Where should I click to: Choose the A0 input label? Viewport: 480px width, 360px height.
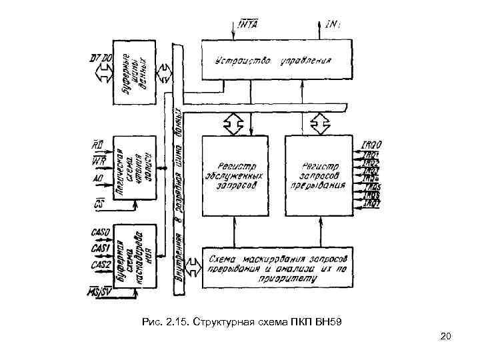(97, 179)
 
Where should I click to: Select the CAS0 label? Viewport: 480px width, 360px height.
(101, 232)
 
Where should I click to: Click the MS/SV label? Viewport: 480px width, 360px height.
(100, 292)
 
